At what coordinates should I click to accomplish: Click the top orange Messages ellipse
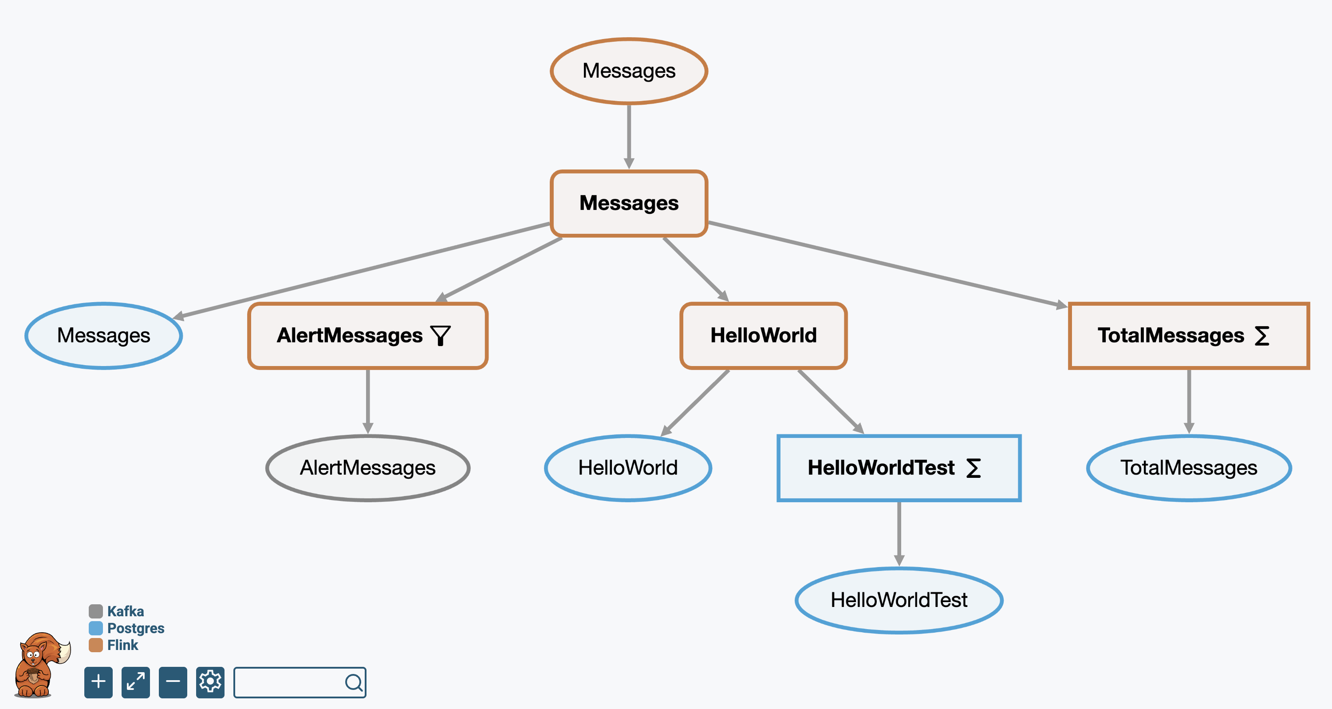pos(629,71)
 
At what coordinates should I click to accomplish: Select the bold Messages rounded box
pos(629,203)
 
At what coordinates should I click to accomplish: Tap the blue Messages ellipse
pos(103,335)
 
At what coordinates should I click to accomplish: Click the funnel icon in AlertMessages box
pos(441,335)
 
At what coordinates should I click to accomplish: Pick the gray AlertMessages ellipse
pos(368,468)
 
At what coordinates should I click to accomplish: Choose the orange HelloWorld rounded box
pos(763,335)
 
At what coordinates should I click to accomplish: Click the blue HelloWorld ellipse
pos(628,468)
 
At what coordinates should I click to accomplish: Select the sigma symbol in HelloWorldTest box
pos(973,468)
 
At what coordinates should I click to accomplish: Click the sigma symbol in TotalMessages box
pos(1262,335)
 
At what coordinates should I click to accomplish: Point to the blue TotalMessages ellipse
pos(1189,468)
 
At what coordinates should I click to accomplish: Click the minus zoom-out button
pos(173,682)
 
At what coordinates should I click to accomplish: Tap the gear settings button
pos(210,682)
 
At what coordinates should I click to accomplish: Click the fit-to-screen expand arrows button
pos(135,682)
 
